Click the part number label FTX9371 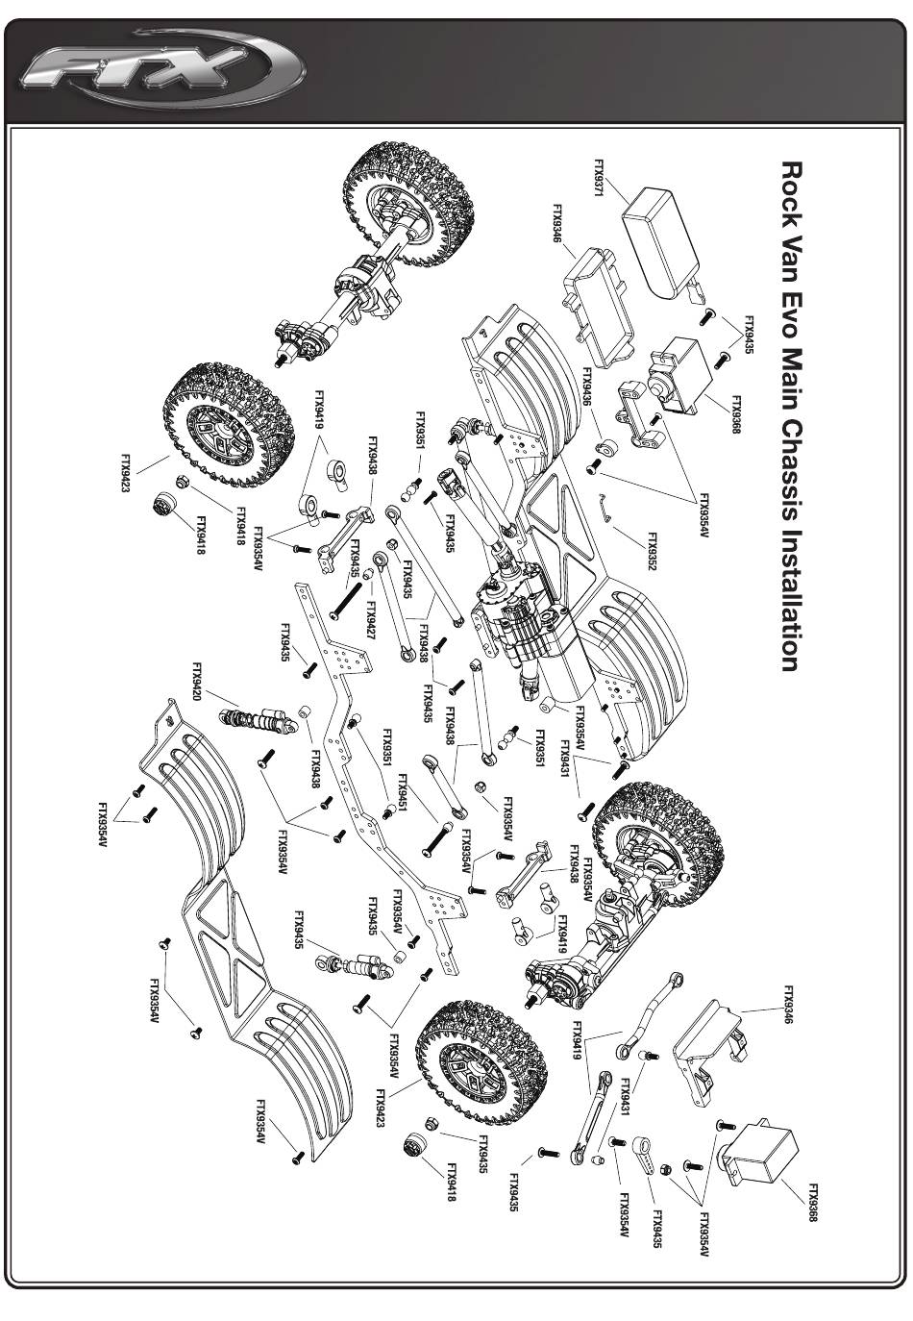tap(599, 178)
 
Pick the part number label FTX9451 tap(403, 794)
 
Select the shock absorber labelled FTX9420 tap(256, 722)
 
